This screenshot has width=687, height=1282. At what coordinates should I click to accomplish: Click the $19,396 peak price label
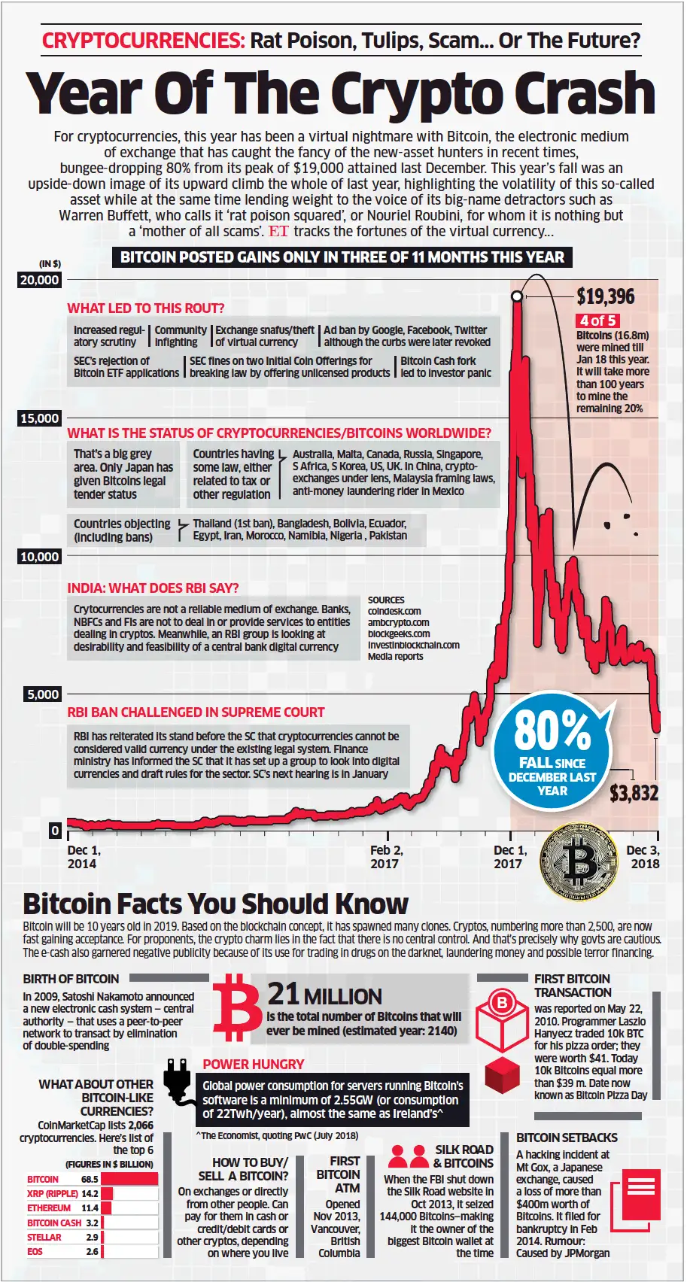605,296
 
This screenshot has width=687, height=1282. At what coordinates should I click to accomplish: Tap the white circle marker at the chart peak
517,296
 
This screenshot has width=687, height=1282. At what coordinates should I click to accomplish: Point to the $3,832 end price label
634,793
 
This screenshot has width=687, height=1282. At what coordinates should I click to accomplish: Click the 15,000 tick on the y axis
39,418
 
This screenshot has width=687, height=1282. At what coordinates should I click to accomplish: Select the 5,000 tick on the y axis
43,694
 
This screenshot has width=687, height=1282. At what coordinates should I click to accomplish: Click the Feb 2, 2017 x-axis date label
386,857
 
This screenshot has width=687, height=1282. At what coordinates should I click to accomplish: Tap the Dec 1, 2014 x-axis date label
84,857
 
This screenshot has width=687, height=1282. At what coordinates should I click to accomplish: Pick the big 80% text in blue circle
552,731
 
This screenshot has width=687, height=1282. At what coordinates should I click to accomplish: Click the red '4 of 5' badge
598,320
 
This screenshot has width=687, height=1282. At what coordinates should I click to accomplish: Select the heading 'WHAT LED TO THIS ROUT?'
145,308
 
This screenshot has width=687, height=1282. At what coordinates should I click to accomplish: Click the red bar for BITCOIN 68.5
129,1179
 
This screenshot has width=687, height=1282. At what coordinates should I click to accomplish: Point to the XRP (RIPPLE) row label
52,1193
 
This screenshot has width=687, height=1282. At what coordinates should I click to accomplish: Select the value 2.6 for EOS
92,1251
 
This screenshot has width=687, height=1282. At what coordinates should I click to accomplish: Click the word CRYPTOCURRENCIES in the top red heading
143,41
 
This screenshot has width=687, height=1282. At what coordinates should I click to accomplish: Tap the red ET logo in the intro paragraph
278,232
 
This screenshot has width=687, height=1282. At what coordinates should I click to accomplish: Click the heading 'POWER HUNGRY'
253,1065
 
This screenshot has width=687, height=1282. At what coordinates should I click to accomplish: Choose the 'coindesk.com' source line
394,612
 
